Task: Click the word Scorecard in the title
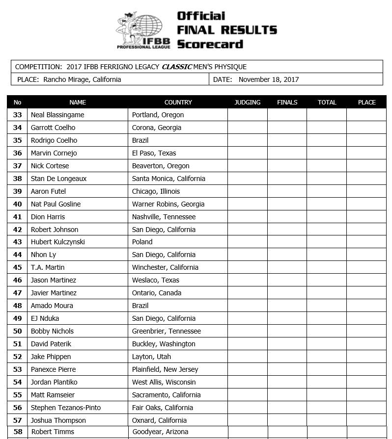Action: coord(210,44)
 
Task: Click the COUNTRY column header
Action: coord(178,103)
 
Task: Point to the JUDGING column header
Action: coord(248,103)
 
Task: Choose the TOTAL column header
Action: coord(327,103)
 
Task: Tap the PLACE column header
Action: coord(366,103)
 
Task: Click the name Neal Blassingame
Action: coord(57,115)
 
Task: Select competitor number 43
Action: coord(18,242)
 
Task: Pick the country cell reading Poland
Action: coord(142,242)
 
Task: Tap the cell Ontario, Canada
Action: coord(157,293)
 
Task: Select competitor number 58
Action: coord(18,432)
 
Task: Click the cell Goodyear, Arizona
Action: coord(161,432)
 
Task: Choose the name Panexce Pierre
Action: coord(53,369)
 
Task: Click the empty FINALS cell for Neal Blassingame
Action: coord(287,115)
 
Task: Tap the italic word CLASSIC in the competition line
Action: coord(177,67)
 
